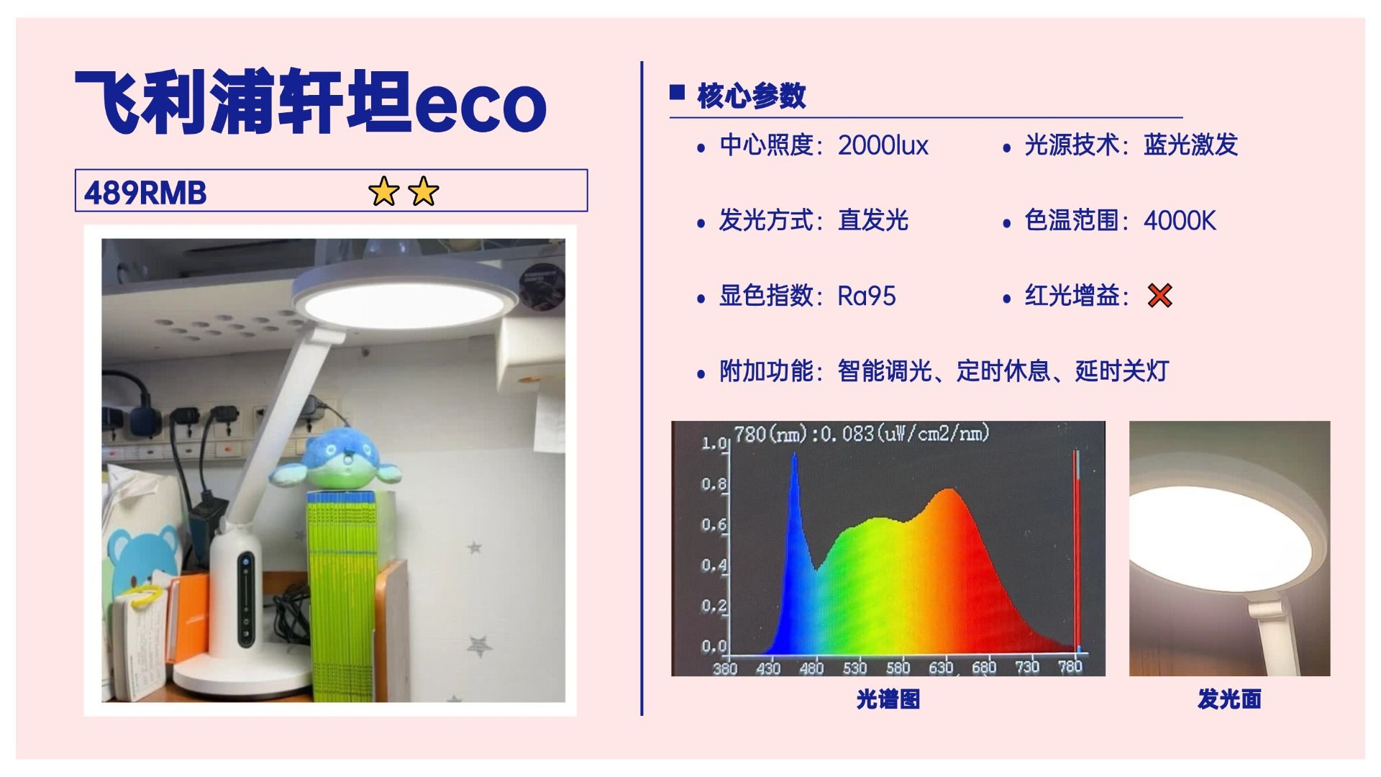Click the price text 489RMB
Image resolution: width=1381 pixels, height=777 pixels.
click(145, 193)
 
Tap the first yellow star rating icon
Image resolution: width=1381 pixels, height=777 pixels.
click(383, 191)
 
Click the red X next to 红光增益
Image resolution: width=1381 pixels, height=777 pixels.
click(1159, 295)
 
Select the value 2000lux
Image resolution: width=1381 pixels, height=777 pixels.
click(883, 145)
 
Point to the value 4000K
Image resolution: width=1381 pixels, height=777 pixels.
click(1180, 221)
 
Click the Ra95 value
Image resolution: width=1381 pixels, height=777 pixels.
click(867, 296)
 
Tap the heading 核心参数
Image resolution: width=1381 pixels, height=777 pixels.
click(752, 96)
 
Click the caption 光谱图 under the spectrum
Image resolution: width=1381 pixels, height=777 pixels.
click(888, 699)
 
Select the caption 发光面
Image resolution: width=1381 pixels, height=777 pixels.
click(1229, 699)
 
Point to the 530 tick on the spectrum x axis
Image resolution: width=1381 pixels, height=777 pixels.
click(854, 668)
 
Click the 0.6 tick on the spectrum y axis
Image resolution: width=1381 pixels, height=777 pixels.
click(714, 524)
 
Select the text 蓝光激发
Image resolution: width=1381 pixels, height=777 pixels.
click(1191, 145)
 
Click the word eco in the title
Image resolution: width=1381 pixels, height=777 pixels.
click(480, 106)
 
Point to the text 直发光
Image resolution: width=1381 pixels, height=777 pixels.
click(873, 220)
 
